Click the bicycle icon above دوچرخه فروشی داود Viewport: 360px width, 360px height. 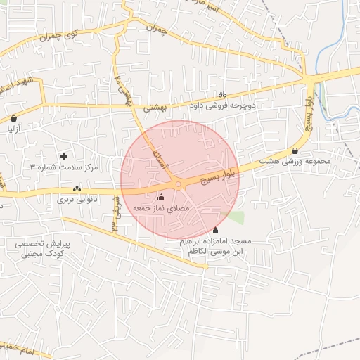click(222, 94)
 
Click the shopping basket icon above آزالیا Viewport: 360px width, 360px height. click(15, 118)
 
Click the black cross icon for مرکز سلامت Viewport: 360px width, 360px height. click(64, 155)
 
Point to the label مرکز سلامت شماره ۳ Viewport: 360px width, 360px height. click(63, 167)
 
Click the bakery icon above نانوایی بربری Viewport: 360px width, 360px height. click(77, 188)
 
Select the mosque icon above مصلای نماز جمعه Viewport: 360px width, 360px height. click(162, 198)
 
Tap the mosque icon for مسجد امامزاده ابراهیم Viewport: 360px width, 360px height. click(215, 231)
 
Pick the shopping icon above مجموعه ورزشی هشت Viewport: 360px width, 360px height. click(295, 150)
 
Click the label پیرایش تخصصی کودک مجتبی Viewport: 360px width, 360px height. click(39, 248)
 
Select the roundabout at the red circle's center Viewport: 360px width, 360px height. click(179, 184)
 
